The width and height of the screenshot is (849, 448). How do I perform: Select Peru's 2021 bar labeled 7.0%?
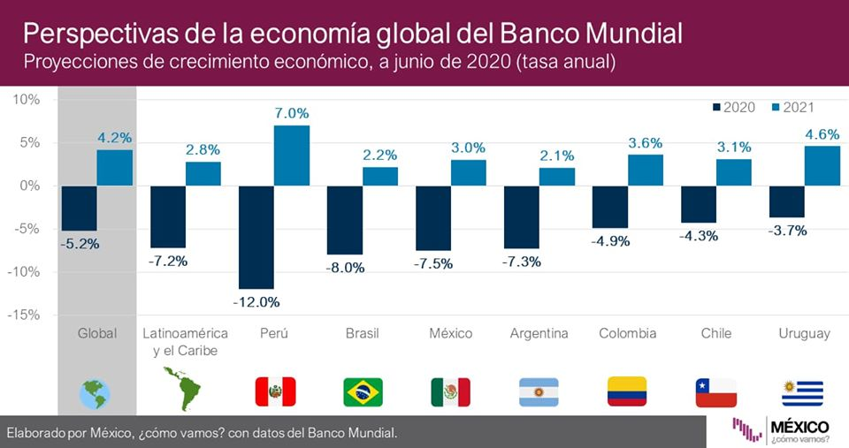292,156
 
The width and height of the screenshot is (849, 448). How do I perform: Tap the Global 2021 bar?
115,168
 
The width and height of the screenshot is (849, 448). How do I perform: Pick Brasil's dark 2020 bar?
345,220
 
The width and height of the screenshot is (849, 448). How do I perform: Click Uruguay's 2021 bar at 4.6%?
822,165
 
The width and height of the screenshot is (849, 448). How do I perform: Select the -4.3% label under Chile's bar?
699,235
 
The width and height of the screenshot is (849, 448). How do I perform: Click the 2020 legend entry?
733,107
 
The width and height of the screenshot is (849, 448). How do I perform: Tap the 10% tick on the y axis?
27,100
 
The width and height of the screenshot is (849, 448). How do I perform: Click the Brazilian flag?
363,391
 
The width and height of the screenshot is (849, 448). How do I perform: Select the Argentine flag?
539,391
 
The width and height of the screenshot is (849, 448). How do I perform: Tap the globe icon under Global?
95,392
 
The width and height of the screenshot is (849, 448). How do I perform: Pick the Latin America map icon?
184,389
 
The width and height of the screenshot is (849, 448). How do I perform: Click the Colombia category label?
627,333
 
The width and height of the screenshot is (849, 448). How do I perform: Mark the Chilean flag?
715,391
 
